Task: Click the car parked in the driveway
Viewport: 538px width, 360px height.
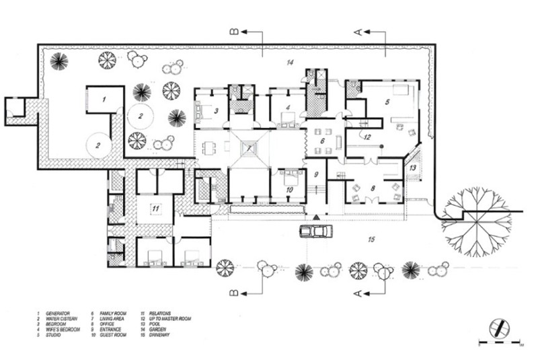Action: point(315,231)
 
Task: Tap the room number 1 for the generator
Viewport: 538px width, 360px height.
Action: point(104,99)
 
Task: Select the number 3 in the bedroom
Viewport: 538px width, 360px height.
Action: point(217,110)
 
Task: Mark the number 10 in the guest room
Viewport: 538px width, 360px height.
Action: point(289,190)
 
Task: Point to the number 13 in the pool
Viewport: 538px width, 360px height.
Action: point(414,167)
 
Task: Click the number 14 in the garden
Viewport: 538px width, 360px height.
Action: point(289,63)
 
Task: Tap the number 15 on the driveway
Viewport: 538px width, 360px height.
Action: point(371,240)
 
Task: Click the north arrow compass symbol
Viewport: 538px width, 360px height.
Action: point(499,325)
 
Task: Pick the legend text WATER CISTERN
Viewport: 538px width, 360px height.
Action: point(65,319)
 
